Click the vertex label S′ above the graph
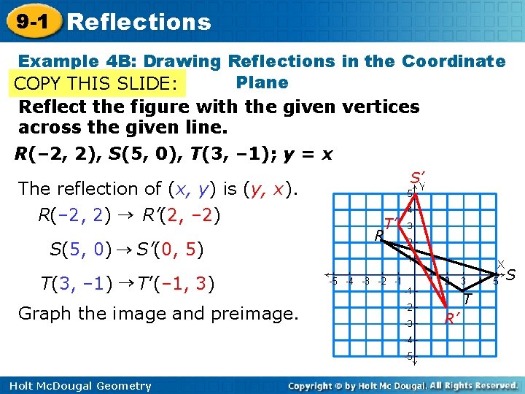click(417, 177)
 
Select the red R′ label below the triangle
click(453, 317)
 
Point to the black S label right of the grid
click(511, 274)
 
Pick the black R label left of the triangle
click(378, 236)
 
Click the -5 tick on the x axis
click(332, 281)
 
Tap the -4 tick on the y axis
click(410, 339)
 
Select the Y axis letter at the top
click(422, 187)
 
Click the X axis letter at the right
click(501, 263)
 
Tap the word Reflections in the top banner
click(139, 22)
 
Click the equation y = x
click(306, 154)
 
